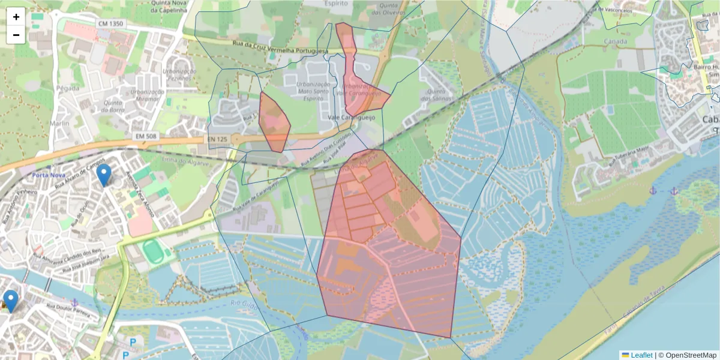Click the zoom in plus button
[16, 17]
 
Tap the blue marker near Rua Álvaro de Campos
[104, 175]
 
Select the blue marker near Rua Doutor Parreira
[11, 301]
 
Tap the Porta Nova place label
[49, 175]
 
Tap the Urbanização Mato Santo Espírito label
[313, 91]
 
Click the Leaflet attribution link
[641, 355]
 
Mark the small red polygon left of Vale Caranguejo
[275, 122]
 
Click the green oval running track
[152, 251]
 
